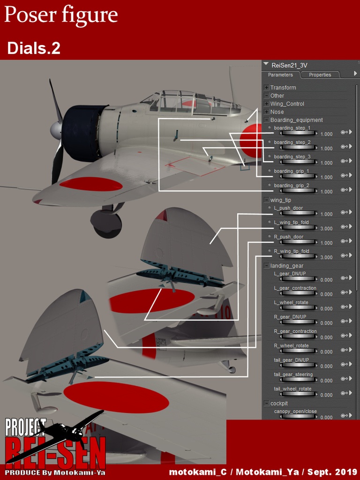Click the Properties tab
[320, 75]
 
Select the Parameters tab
[280, 75]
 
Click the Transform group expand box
[267, 88]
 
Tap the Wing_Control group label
[287, 104]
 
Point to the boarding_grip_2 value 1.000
[326, 192]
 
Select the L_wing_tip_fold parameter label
[291, 223]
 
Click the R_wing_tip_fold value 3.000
[326, 257]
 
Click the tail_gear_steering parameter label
[293, 375]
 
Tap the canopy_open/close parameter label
[295, 412]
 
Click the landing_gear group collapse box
[267, 266]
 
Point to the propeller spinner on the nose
[56, 130]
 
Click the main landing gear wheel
[106, 224]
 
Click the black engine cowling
[82, 134]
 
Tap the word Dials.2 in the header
[34, 48]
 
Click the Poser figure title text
[61, 15]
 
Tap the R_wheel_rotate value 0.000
[326, 352]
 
